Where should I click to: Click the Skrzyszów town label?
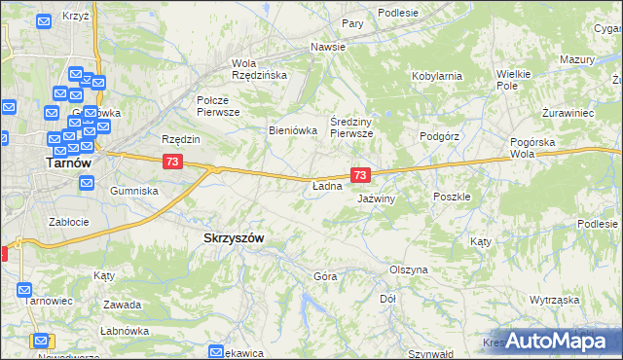pos(235,237)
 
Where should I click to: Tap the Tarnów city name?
pos(69,163)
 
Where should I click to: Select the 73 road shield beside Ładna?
pos(360,175)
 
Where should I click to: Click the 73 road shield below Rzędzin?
pos(171,161)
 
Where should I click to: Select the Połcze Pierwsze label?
pos(218,106)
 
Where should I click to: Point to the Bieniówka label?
pos(293,130)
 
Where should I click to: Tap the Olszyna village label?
pos(408,270)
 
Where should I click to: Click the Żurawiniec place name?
pos(568,113)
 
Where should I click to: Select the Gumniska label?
pos(134,191)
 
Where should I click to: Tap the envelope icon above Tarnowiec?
pos(24,289)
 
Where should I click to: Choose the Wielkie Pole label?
pos(513,80)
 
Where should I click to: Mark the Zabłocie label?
pos(68,221)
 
